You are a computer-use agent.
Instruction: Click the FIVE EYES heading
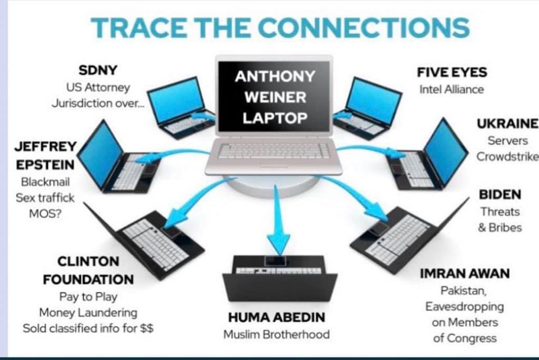[x=451, y=73]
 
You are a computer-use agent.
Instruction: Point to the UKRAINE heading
[x=508, y=124]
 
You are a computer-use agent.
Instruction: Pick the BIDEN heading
[x=500, y=195]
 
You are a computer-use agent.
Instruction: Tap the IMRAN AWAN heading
[x=465, y=274]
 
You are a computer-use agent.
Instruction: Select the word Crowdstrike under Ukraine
[x=507, y=156]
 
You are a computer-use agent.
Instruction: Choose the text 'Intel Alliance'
[x=451, y=89]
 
